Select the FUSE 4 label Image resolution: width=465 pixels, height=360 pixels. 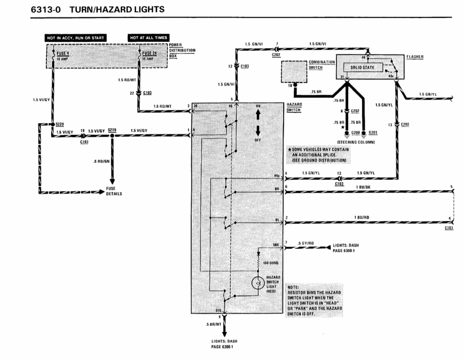click(59, 54)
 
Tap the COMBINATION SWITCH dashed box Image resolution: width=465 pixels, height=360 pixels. click(298, 74)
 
